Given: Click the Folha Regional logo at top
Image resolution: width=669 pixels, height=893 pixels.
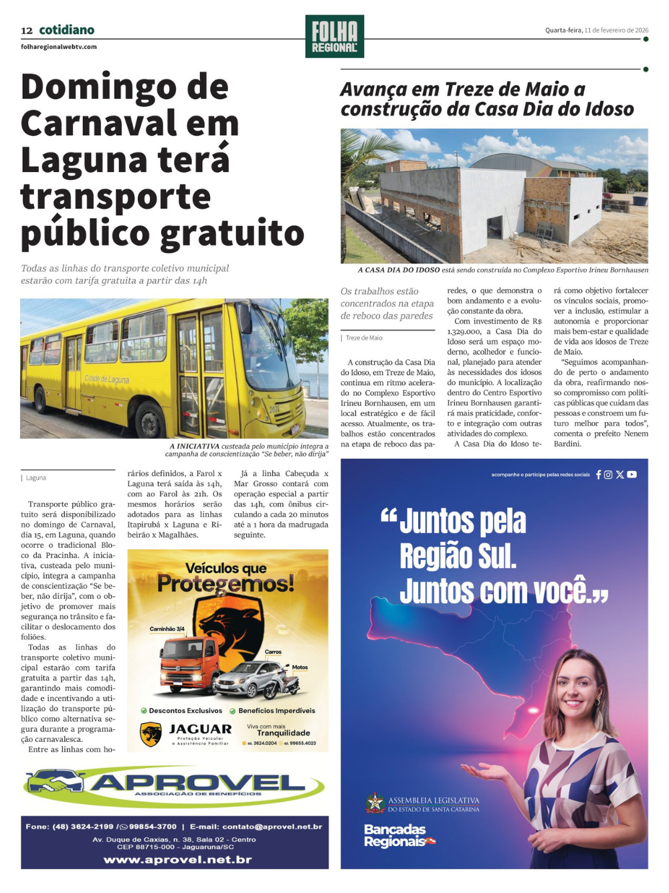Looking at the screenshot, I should [x=334, y=36].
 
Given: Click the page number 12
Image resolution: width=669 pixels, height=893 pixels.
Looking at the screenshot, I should [x=27, y=30].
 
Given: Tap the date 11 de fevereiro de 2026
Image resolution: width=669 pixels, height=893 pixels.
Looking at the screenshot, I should [x=615, y=30].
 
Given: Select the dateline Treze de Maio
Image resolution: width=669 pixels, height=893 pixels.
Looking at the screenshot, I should [x=364, y=338].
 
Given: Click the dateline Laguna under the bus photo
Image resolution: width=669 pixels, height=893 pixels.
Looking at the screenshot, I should [x=36, y=478].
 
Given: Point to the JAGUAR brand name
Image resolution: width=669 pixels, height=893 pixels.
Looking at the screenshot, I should [x=200, y=729].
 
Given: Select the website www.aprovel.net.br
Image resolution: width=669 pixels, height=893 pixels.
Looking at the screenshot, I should [x=177, y=860].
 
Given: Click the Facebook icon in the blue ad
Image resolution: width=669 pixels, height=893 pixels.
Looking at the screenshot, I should [x=599, y=474].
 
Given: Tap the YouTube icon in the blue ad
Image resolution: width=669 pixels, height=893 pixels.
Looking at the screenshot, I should [x=632, y=474].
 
